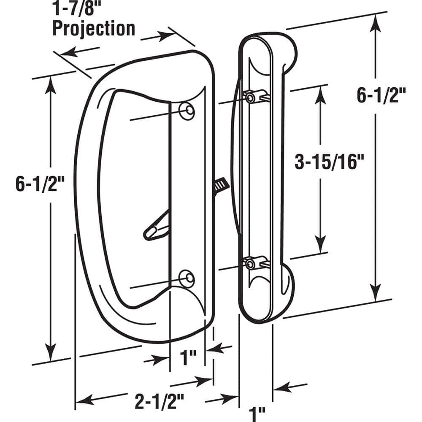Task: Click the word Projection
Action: click(x=93, y=28)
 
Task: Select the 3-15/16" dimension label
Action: click(x=329, y=162)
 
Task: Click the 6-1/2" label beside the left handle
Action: click(x=41, y=185)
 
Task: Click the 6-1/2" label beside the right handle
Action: click(x=381, y=96)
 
